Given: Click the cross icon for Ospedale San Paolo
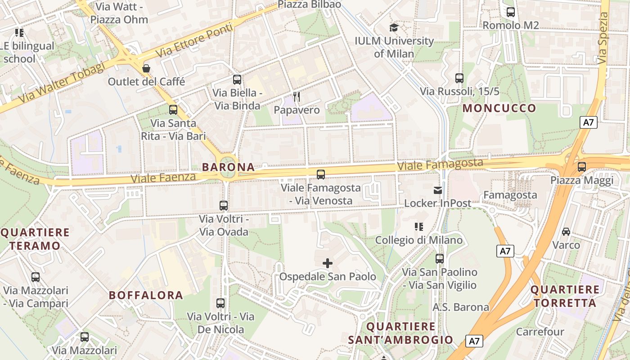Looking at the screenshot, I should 328,263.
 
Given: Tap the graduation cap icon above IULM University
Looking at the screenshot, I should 394,28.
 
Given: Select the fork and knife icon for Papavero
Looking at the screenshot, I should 297,97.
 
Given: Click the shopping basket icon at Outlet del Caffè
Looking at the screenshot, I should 146,68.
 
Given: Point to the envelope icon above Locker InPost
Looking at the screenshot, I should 437,190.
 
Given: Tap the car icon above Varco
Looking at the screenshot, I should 566,232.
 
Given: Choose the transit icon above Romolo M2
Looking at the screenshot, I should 511,12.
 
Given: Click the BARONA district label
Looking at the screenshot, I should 228,167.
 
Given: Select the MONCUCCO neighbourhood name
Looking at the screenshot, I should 499,108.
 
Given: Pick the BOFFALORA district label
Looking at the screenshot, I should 146,295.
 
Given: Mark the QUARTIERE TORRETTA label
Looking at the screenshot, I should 565,296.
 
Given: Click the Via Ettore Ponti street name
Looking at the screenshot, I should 194,41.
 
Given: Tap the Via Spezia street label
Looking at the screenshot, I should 603,39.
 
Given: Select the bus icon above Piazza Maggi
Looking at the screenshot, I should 582,167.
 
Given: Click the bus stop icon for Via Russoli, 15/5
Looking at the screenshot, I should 459,78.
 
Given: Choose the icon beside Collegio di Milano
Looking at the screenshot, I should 419,227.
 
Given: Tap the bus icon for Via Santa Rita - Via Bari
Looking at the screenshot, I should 173,110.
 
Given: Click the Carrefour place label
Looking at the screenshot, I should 540,332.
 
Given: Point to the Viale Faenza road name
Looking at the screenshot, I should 163,178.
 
